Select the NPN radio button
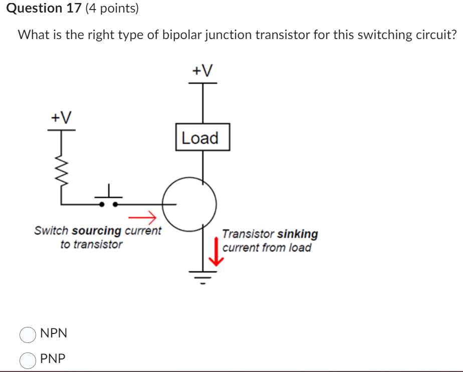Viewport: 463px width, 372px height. [28, 334]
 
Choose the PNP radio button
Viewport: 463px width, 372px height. [28, 359]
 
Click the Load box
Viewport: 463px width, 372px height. [202, 137]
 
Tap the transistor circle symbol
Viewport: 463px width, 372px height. [189, 204]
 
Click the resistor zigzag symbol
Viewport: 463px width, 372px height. [62, 171]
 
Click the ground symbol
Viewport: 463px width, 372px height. [202, 275]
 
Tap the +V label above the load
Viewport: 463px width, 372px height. [202, 71]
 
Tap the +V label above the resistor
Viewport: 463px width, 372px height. [61, 118]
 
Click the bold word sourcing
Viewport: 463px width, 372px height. [97, 231]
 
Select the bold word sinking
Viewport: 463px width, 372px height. [298, 234]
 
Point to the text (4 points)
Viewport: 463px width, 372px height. [112, 9]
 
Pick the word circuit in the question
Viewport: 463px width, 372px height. [434, 36]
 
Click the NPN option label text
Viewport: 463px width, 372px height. [54, 333]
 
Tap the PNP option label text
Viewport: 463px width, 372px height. [53, 359]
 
